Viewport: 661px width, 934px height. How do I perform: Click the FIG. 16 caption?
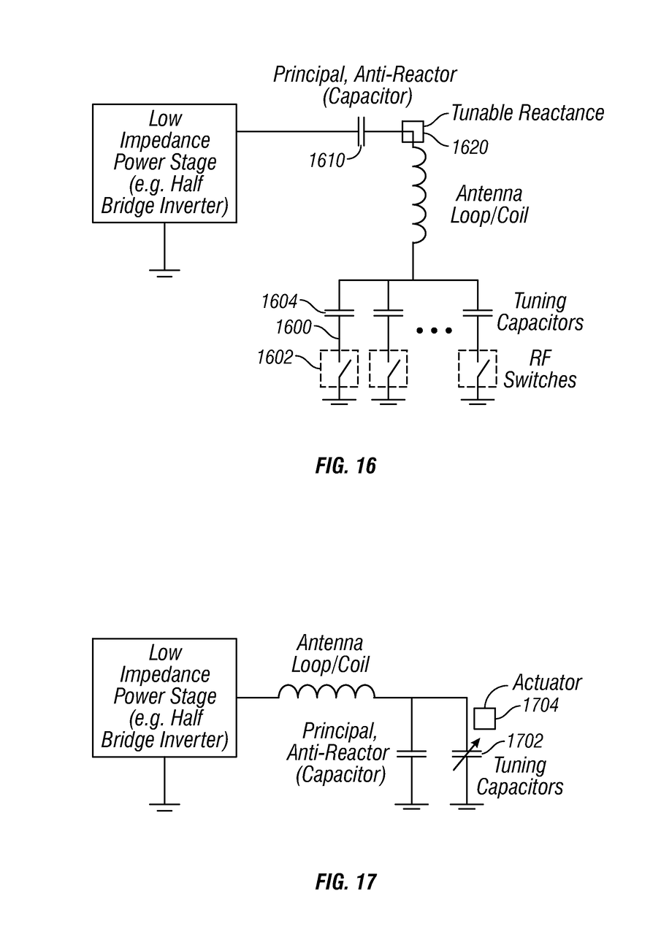[345, 466]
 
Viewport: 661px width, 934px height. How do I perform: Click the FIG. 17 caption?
[345, 881]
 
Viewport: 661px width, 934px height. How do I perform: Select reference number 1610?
[326, 160]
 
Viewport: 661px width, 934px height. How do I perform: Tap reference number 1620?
[470, 147]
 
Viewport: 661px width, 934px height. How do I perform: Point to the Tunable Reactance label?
[527, 113]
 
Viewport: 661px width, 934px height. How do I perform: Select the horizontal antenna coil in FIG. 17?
[326, 691]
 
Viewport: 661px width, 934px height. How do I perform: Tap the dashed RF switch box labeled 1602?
[339, 368]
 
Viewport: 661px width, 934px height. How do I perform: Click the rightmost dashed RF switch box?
[477, 368]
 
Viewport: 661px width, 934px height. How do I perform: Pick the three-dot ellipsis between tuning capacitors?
[433, 331]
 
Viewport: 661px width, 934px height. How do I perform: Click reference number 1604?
[280, 301]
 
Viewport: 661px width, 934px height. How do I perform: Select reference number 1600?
[293, 328]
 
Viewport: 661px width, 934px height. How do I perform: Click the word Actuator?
[546, 683]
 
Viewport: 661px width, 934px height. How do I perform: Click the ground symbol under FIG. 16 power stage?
[164, 273]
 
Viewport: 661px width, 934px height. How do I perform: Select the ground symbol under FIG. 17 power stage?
[164, 807]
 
